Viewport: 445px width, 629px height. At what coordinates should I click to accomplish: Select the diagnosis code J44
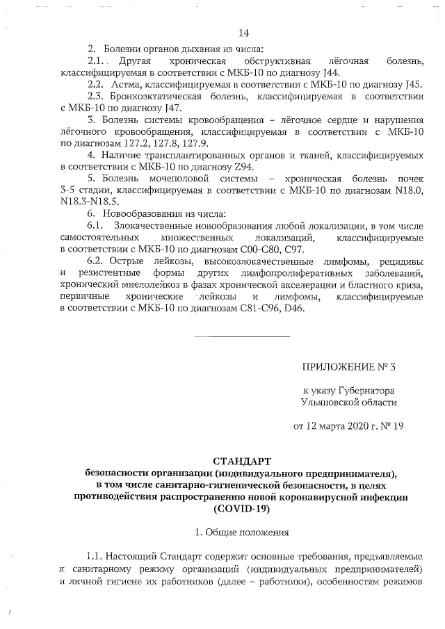pos(332,72)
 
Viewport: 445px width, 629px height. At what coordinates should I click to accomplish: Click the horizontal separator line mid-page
pos(241,336)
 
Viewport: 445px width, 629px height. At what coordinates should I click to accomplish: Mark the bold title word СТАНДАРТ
pos(241,461)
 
